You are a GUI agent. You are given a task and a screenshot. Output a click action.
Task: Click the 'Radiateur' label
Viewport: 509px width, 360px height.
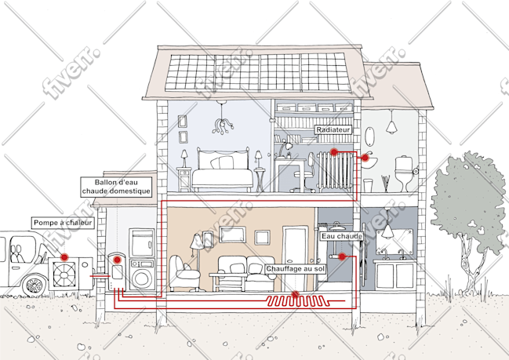point(333,130)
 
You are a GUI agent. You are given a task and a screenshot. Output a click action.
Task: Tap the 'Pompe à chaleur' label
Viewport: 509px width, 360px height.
point(63,223)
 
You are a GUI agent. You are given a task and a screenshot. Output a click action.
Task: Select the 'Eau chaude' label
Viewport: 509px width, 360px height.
point(341,236)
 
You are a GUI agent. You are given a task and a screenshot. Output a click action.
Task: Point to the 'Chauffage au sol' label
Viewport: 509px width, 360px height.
point(295,269)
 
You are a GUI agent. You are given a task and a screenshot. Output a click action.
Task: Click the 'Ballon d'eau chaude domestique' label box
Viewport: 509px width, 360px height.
point(116,187)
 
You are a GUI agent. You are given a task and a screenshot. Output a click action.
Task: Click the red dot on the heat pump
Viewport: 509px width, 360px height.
point(64,257)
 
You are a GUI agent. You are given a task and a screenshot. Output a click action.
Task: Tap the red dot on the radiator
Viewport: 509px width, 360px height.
point(333,151)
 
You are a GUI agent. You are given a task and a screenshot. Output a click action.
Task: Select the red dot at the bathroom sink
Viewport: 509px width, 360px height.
point(365,158)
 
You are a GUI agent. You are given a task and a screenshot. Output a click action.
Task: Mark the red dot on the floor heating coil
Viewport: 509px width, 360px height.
point(295,294)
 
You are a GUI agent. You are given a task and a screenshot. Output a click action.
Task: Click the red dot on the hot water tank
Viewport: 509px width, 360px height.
point(117,260)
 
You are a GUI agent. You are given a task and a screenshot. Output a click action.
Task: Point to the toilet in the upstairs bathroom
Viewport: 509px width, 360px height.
point(404,173)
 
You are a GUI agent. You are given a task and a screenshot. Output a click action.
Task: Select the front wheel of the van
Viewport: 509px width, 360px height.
point(35,285)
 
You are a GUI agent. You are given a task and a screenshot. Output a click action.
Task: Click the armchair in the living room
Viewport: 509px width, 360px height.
point(183,273)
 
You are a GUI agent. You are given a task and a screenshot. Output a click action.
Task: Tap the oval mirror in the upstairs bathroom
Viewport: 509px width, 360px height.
point(369,136)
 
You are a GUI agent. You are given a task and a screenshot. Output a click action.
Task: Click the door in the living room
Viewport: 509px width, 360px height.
point(295,258)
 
